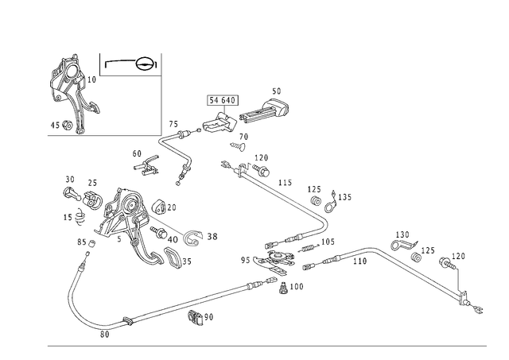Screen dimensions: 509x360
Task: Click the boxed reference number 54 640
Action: coord(223,100)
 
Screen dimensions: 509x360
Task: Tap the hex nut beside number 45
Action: coord(67,125)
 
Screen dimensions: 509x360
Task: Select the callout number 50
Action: coord(276,91)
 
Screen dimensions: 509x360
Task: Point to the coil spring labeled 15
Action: coord(80,217)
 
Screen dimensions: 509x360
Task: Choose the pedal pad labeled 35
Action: coord(172,257)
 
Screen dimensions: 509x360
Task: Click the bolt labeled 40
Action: coord(158,232)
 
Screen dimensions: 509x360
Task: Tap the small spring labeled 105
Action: coord(309,248)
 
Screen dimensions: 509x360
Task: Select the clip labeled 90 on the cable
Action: coord(196,318)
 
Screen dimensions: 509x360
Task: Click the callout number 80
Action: coord(104,335)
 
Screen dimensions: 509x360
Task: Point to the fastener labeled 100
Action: coord(284,288)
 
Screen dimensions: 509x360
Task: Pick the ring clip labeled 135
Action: coord(331,203)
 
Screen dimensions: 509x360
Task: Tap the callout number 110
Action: coord(360,261)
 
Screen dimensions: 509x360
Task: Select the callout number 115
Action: coord(285,183)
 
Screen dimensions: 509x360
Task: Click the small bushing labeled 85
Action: coord(91,242)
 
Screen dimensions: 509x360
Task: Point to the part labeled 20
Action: coord(159,207)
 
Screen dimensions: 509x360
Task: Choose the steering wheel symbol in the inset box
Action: coord(144,64)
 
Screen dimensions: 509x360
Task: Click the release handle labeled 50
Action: coord(265,111)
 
